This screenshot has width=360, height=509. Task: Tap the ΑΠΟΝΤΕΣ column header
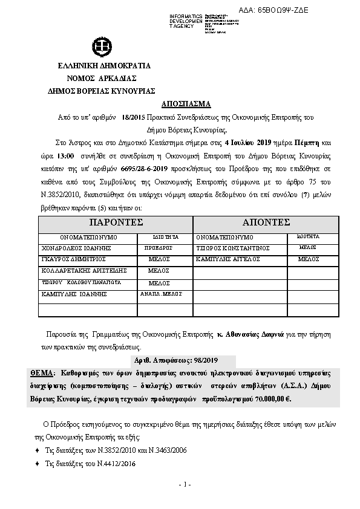click(x=266, y=222)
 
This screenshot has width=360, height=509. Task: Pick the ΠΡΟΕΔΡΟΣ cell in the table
click(x=159, y=248)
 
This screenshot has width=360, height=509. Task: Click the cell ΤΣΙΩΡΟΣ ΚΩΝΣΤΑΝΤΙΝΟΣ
click(x=232, y=248)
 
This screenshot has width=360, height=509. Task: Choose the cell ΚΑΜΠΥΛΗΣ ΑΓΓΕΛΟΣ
click(x=227, y=259)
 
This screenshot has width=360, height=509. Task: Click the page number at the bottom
click(x=185, y=484)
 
